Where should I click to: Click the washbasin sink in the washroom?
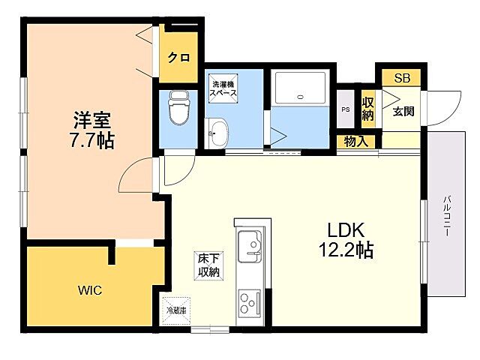pyautogui.click(x=217, y=133)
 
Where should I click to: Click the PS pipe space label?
pyautogui.click(x=345, y=109)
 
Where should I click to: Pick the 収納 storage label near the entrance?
pyautogui.click(x=367, y=109)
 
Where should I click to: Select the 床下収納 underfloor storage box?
pyautogui.click(x=208, y=265)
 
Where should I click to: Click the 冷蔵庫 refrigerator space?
pyautogui.click(x=175, y=308)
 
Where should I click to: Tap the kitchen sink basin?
pyautogui.click(x=249, y=246)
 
